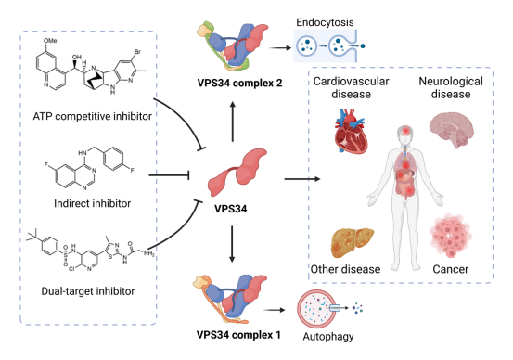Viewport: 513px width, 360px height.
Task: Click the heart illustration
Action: pyautogui.click(x=351, y=132)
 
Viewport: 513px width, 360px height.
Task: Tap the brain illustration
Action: pyautogui.click(x=452, y=130)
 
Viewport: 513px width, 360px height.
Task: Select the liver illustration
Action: pyautogui.click(x=353, y=242)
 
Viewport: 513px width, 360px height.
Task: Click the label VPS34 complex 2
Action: pyautogui.click(x=239, y=83)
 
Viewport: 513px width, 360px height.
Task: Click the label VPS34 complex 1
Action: pyautogui.click(x=238, y=335)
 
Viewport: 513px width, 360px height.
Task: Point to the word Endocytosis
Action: pyautogui.click(x=325, y=22)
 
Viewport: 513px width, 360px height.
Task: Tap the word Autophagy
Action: pyautogui.click(x=328, y=337)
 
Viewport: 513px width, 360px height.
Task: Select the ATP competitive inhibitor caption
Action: pyautogui.click(x=93, y=116)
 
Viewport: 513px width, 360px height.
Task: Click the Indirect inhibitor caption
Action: pyautogui.click(x=92, y=203)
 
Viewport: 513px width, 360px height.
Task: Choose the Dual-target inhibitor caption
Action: pyautogui.click(x=88, y=291)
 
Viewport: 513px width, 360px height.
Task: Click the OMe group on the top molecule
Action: pyautogui.click(x=50, y=40)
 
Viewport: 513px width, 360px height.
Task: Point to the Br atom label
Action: pyautogui.click(x=137, y=52)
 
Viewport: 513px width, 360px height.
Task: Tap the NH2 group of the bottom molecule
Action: pyautogui.click(x=148, y=254)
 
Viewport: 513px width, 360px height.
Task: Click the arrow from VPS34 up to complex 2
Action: pyautogui.click(x=233, y=122)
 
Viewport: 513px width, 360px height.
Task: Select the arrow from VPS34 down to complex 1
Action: pyautogui.click(x=232, y=244)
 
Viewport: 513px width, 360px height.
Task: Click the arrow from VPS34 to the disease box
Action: pyautogui.click(x=302, y=179)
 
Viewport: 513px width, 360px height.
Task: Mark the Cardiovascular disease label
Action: pyautogui.click(x=351, y=88)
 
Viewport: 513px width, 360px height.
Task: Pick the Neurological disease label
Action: pyautogui.click(x=451, y=88)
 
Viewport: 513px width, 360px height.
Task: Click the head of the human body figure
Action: pyautogui.click(x=405, y=134)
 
